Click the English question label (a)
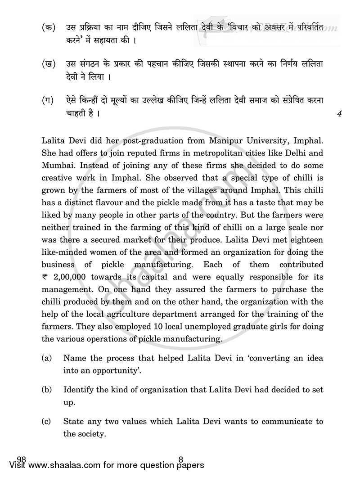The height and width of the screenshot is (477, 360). [46, 359]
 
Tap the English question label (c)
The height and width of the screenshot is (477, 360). [46, 422]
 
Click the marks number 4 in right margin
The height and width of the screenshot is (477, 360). [339, 114]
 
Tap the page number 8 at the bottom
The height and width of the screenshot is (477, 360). [180, 459]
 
